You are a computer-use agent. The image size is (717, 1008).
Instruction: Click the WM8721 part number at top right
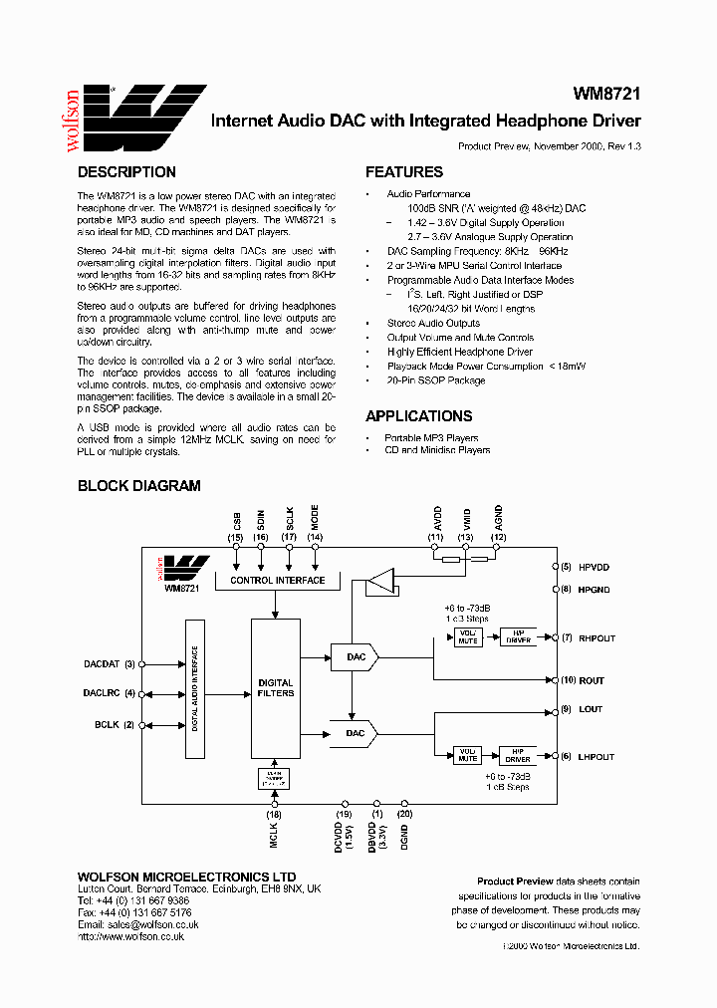tap(605, 94)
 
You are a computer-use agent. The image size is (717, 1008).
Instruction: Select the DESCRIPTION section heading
tap(126, 172)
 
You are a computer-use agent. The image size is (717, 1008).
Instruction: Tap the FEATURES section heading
tap(403, 172)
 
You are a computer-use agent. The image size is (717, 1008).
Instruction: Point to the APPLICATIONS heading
tap(418, 416)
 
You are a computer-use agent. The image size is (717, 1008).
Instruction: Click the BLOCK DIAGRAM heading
tap(139, 486)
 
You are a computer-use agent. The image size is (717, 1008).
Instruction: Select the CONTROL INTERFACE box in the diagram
tap(277, 580)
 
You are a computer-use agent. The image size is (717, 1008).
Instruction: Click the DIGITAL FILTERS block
tap(276, 687)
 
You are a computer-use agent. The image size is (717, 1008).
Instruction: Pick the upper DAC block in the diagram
tap(354, 657)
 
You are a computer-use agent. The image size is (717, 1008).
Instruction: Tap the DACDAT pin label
tap(102, 663)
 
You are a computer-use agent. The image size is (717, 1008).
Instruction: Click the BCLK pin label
tap(107, 725)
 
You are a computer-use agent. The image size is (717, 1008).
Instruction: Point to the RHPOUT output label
tap(597, 637)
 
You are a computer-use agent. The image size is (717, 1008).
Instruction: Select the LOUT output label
tap(590, 709)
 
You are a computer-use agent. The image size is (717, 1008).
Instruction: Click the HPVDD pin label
tap(594, 566)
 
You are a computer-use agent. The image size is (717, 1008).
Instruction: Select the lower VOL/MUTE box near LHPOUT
tap(467, 756)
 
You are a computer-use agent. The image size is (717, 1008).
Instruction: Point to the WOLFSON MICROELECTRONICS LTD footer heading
tap(186, 877)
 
